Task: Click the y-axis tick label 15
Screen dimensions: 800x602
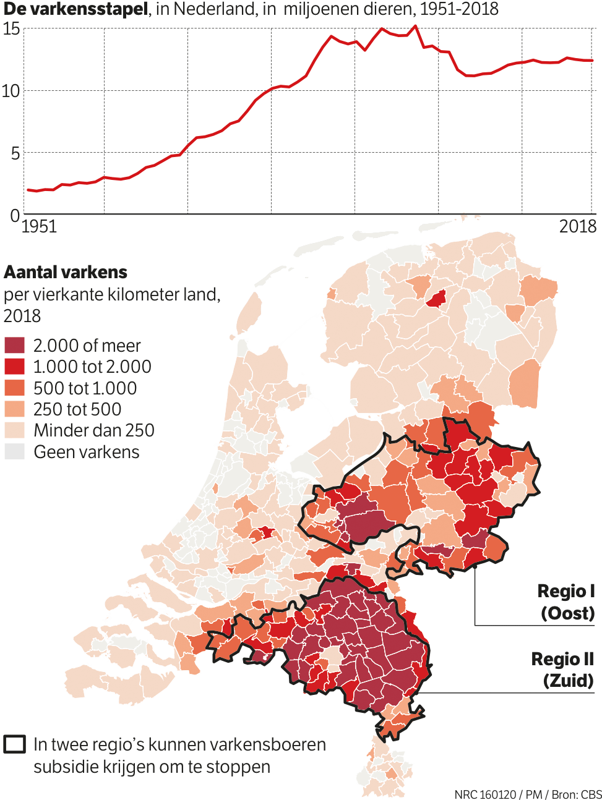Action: coord(11,29)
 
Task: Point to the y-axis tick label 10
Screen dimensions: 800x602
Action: coord(11,91)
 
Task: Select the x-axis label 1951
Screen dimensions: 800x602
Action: coord(39,226)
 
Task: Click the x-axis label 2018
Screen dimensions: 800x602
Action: coord(577,226)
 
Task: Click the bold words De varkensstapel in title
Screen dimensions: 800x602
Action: coord(75,9)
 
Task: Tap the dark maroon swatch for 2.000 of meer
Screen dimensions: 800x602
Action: coord(14,345)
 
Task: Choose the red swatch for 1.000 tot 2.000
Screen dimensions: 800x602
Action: coord(14,367)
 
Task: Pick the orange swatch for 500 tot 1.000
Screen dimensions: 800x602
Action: coord(14,388)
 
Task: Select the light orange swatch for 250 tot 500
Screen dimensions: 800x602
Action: coord(14,409)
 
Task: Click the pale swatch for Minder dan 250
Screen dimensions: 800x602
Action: coord(14,430)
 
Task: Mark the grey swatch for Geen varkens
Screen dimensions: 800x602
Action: coord(14,451)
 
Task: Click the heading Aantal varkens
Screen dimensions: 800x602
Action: coord(66,272)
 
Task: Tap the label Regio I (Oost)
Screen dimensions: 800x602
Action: coord(566,602)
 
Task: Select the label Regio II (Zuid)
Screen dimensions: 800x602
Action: coord(562,670)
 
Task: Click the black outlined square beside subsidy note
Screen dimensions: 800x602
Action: coord(15,744)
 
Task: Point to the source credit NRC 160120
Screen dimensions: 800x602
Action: coord(485,794)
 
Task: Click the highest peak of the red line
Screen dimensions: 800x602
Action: coord(415,26)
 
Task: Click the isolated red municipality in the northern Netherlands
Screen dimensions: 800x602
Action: coord(437,299)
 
